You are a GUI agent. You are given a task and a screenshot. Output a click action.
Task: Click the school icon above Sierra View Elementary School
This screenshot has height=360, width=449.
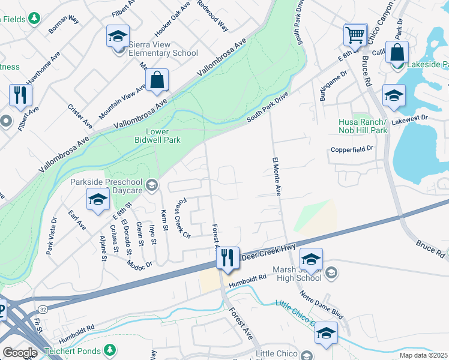[x=118, y=36]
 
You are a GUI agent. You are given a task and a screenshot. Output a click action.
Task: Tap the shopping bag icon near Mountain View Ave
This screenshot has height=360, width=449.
[x=157, y=80]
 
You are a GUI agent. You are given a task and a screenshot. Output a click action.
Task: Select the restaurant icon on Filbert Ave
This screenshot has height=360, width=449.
[x=20, y=95]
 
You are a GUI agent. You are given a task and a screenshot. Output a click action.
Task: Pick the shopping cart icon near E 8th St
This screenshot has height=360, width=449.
[x=355, y=35]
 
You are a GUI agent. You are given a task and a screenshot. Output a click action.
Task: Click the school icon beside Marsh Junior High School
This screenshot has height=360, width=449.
[x=311, y=260]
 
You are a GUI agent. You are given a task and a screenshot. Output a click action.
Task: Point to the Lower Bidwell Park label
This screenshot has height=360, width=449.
[x=155, y=136]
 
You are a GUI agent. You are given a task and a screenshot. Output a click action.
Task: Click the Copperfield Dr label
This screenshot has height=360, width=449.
[x=352, y=148]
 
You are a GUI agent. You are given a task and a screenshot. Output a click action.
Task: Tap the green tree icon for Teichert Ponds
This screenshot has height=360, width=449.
[x=109, y=349]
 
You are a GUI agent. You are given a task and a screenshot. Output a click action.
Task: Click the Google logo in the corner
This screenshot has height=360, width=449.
[x=20, y=352]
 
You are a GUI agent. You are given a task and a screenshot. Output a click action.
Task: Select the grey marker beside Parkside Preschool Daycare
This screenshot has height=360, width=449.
[x=151, y=185]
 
